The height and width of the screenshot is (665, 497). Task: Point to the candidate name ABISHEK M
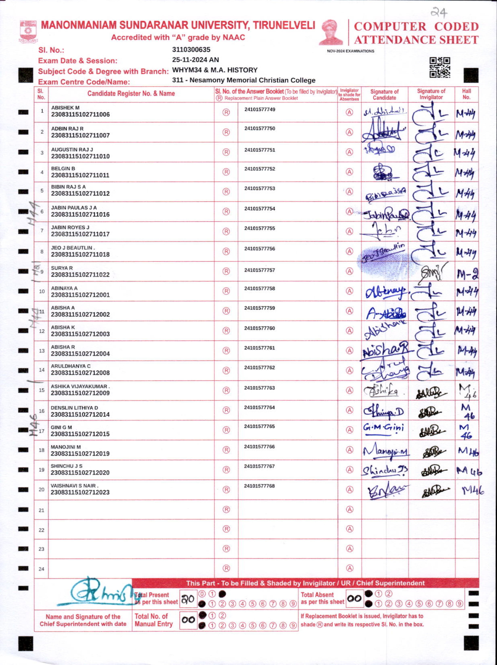[65, 108]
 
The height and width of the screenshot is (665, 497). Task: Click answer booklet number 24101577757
[259, 270]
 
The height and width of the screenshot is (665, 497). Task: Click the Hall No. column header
[466, 94]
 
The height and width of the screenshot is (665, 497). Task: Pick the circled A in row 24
[350, 568]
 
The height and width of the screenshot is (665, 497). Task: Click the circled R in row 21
[226, 509]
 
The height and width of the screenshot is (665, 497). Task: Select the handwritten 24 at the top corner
[439, 12]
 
